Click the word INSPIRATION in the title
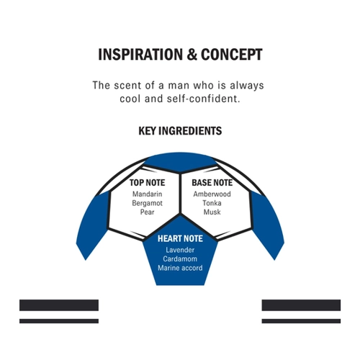[140, 55]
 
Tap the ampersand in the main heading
[192, 55]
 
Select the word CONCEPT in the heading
[232, 55]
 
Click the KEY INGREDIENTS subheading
[180, 131]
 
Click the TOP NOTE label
[147, 183]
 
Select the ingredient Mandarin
[147, 194]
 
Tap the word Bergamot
[147, 203]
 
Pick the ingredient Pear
[147, 212]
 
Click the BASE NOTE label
[212, 183]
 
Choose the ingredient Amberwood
[212, 194]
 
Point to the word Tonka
[212, 203]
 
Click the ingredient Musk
[212, 212]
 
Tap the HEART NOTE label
[180, 238]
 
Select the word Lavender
[180, 250]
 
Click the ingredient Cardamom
[180, 258]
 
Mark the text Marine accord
[180, 268]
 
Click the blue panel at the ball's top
[180, 161]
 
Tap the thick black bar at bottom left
[59, 305]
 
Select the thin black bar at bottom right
[301, 321]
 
